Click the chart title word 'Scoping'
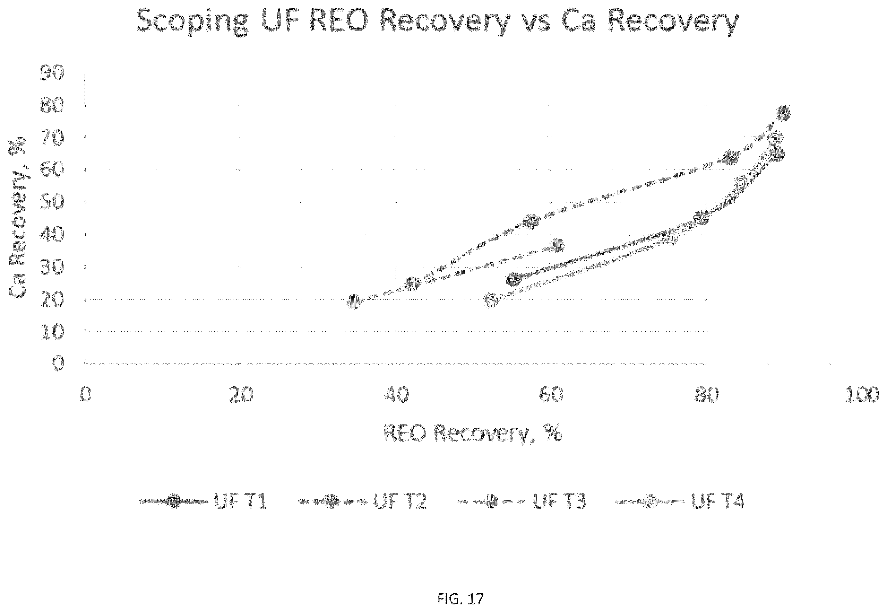192,22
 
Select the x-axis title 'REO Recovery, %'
472,435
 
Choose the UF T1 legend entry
204,501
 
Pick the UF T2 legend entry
362,501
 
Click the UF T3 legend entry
522,501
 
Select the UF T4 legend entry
679,501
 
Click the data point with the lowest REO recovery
354,302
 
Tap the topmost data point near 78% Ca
783,113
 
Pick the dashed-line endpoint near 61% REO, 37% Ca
557,245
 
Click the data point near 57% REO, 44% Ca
531,221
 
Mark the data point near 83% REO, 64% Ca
731,157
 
